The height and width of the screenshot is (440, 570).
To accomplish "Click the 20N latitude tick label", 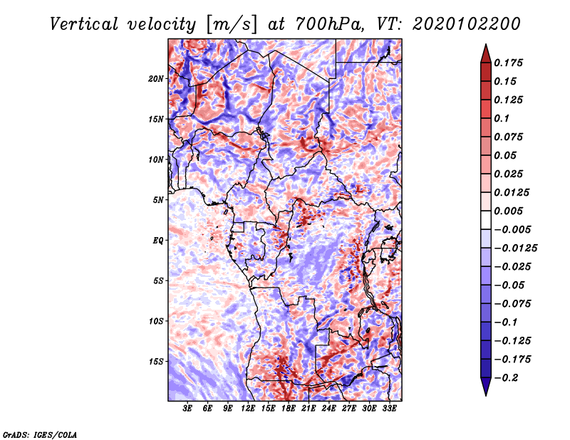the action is (x=156, y=79).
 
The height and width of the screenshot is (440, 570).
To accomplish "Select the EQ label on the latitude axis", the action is (x=158, y=241).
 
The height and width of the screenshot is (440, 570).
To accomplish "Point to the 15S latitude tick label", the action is (x=156, y=362).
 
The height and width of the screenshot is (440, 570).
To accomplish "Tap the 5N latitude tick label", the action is (x=158, y=200).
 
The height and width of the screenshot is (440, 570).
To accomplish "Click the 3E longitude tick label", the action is (x=187, y=409).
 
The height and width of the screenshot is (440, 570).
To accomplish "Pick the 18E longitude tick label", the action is (x=288, y=409).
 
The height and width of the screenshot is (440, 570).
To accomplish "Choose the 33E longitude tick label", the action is (x=389, y=409).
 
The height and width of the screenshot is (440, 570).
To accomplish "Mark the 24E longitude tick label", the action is (x=328, y=409).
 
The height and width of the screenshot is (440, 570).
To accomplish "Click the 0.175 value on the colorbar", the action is (x=508, y=63).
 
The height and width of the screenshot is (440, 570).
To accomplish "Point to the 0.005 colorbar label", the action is (x=508, y=211).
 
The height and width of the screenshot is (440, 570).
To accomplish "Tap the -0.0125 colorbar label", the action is (x=516, y=248).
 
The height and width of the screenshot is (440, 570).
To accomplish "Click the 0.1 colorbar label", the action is (x=502, y=118).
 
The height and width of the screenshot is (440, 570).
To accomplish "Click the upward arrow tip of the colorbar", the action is (x=486, y=44).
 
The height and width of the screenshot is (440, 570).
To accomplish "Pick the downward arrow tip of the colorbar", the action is (x=486, y=395).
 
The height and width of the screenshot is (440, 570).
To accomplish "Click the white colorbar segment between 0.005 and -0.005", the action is (x=486, y=220).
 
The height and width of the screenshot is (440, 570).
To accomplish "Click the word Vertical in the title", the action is (x=84, y=24).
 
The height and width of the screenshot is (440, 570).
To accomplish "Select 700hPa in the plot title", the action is (x=328, y=24).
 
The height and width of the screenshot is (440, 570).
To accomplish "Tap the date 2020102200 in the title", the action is (x=467, y=24).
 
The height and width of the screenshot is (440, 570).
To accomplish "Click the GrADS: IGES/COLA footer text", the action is (x=40, y=435).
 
